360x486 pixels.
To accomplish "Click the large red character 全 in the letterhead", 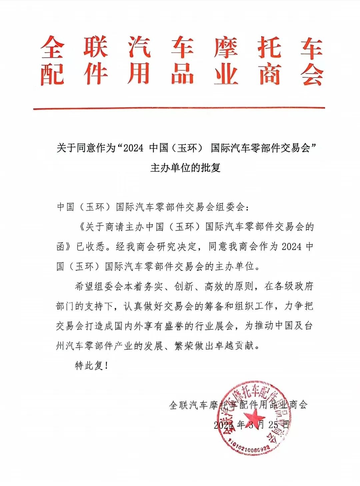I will tap(52, 48).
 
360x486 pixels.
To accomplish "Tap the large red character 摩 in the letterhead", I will tap(226, 48).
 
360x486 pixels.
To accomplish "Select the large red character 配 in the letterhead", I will tap(52, 74).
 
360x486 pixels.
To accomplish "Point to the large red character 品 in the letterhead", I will tap(182, 74).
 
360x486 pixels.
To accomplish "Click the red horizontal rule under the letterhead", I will tap(179, 108).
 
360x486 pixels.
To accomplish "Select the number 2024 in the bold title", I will tap(133, 148).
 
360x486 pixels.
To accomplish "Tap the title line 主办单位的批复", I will tap(185, 167).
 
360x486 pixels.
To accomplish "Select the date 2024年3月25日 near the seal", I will tap(251, 425).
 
